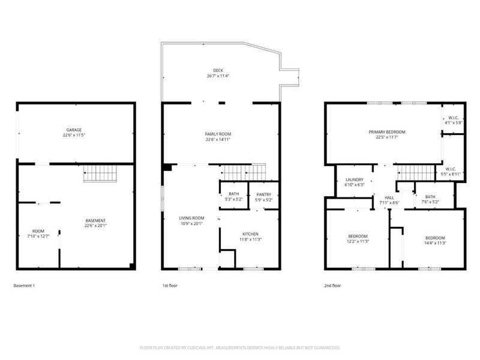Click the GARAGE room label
[x=74, y=130]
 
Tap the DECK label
[x=218, y=70]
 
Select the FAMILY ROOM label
[x=218, y=134]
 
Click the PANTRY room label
[x=264, y=194]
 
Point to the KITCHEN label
[x=250, y=233]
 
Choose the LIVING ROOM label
[x=191, y=218]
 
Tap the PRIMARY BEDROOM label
[x=387, y=131]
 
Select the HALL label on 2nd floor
[x=389, y=197]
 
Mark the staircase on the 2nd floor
[x=415, y=173]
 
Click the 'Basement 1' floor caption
[x=24, y=286]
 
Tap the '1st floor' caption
[x=170, y=286]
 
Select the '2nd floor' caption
[x=332, y=286]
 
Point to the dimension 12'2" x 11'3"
[x=358, y=242]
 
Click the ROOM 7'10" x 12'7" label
[x=38, y=233]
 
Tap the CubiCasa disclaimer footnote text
[x=240, y=347]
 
